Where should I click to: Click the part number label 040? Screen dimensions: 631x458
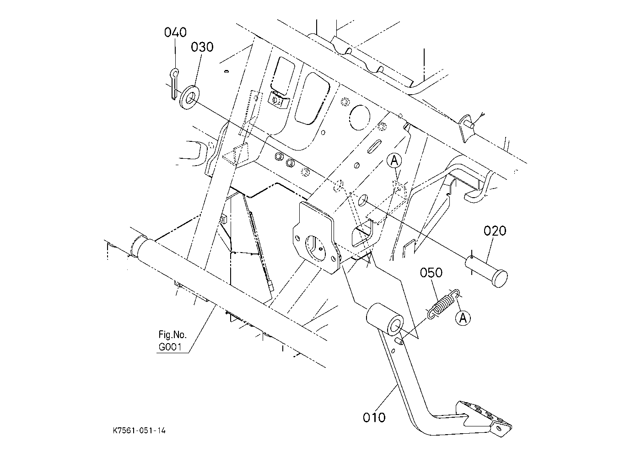[x=175, y=32]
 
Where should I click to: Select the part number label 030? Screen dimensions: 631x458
[x=202, y=47]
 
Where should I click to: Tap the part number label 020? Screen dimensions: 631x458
[x=495, y=231]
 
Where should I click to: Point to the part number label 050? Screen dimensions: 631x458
[x=431, y=273]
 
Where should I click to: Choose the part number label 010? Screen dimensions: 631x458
[x=374, y=418]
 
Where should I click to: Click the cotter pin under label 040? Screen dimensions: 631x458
[x=174, y=84]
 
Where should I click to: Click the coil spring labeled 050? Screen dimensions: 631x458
[x=444, y=304]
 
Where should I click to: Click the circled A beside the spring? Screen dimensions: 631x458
[x=463, y=318]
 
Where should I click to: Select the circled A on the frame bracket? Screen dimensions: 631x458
[x=394, y=161]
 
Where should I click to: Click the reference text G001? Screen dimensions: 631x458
[x=170, y=347]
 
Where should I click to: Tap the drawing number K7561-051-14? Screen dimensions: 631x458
[x=139, y=431]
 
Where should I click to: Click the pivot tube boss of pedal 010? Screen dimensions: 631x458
[x=385, y=318]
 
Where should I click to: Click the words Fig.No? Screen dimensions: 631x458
[x=173, y=334]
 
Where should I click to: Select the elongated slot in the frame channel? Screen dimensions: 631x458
[x=374, y=147]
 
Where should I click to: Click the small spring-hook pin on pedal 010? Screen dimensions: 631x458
[x=400, y=341]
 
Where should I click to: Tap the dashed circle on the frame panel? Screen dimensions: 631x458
[x=360, y=118]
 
